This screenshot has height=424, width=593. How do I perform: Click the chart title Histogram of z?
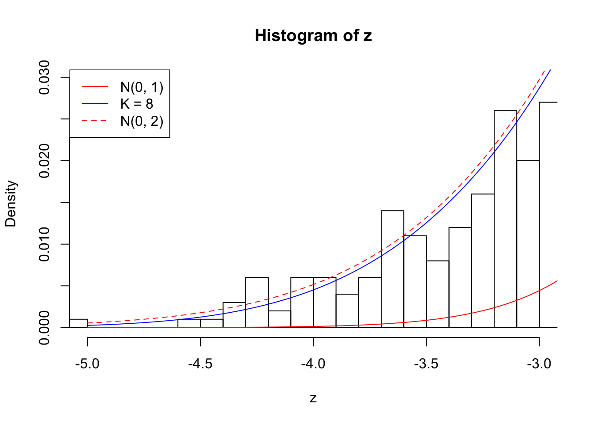coord(313,36)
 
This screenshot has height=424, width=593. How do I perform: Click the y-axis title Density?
coord(11,204)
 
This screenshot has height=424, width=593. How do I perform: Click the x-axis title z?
coord(313,398)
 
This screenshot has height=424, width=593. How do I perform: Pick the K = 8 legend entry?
coord(137,104)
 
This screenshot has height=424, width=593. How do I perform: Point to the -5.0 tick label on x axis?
coord(87,364)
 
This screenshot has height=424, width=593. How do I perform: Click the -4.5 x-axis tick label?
coord(200,364)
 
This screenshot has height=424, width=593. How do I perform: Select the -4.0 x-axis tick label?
coord(313,364)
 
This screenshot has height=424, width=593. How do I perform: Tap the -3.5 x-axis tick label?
coord(426,364)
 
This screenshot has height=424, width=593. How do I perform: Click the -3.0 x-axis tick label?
coord(539,364)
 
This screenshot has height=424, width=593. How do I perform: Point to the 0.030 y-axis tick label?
coord(44,77)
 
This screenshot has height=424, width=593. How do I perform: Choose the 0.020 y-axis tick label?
coord(44,161)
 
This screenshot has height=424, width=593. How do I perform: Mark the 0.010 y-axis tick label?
coord(44,244)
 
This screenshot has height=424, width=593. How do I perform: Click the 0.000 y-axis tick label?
coord(44,328)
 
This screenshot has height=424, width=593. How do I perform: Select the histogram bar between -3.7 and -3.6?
coord(392,269)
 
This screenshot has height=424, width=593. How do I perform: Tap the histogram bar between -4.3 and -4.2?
coord(257,303)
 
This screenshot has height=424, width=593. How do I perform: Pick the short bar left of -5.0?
coord(79,323)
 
